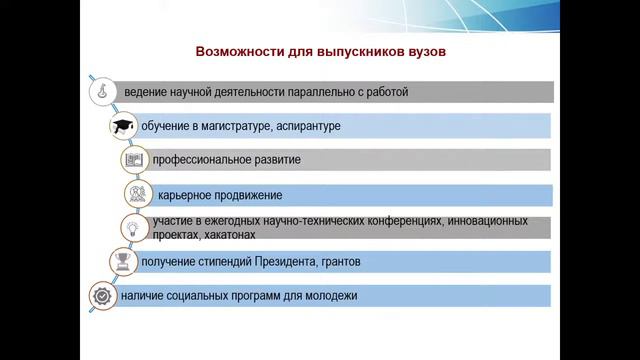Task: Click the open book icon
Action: [x=134, y=160]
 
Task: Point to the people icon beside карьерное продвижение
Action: [x=138, y=194]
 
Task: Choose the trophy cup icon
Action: [x=122, y=262]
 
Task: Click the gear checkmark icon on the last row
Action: [x=102, y=296]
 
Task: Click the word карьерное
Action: [x=188, y=194]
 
